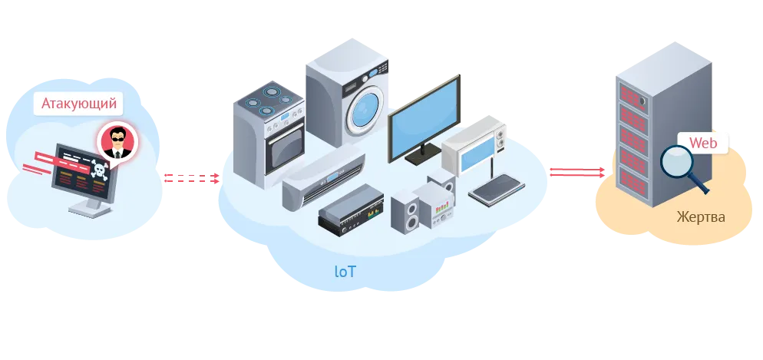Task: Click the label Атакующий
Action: tap(79, 103)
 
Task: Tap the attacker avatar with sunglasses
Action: tap(117, 140)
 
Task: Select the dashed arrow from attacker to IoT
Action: tap(190, 178)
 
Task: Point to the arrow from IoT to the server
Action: tap(576, 172)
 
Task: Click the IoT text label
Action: tap(345, 271)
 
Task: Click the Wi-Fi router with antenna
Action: tap(494, 188)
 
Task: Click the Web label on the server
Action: tap(702, 143)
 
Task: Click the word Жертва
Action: tap(700, 217)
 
